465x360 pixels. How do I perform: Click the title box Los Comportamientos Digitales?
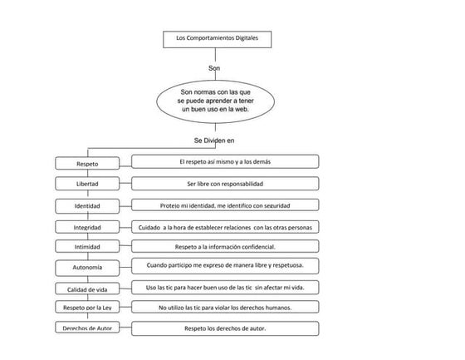point(216,38)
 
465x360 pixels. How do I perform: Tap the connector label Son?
point(214,67)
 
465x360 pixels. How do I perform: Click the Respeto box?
point(87,164)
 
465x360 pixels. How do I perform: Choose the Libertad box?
point(87,184)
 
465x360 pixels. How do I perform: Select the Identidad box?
point(87,205)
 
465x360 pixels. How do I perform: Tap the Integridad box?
point(87,226)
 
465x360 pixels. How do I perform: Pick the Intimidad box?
point(87,247)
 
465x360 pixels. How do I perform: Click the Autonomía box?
point(87,268)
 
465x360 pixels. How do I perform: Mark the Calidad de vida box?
point(87,288)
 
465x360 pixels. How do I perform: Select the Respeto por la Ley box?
point(87,308)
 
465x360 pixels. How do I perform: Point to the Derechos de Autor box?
point(87,329)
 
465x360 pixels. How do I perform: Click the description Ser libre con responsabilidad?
point(225,183)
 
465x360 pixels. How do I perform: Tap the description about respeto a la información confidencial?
point(225,246)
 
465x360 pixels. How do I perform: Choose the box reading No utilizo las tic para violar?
point(225,308)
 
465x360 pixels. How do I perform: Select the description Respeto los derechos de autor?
point(225,328)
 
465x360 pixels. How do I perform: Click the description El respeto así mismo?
point(225,161)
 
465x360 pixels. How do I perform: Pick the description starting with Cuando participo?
point(225,266)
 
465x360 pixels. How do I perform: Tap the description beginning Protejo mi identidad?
point(225,205)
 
